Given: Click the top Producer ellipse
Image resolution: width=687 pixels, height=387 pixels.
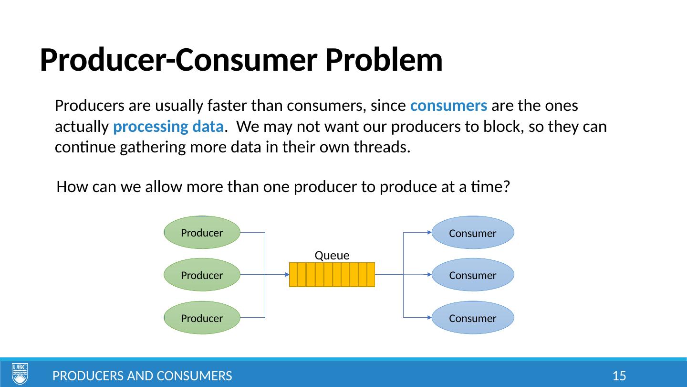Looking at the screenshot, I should point(201,233).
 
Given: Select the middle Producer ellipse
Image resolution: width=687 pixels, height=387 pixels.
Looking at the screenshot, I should point(201,275).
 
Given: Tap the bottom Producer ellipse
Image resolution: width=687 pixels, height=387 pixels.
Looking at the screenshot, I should point(201,317).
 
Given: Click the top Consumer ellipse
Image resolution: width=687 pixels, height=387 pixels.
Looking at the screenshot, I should point(472,233).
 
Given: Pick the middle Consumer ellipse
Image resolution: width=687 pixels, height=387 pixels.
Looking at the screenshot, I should point(472,275).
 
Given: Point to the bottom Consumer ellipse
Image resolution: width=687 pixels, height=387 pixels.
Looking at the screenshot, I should point(472,317).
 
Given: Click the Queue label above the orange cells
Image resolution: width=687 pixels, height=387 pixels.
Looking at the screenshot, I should point(332,255).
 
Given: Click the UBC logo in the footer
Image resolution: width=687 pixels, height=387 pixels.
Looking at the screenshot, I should point(20,374).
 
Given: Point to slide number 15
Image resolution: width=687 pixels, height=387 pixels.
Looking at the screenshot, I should point(619,376).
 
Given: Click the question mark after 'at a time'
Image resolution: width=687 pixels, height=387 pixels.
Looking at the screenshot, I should point(507,187).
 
